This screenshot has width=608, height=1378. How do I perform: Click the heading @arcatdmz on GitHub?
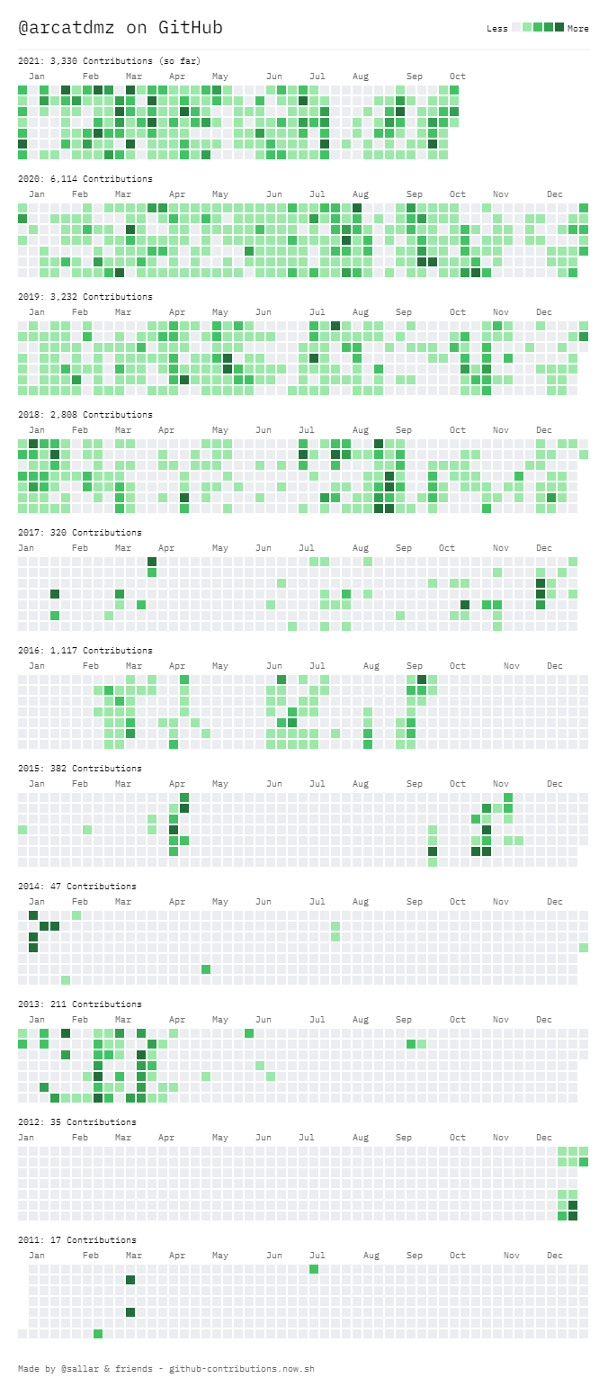point(121,28)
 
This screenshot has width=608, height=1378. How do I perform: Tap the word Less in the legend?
point(496,29)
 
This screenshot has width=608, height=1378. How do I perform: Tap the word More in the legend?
point(578,29)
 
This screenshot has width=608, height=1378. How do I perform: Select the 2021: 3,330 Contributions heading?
point(109,61)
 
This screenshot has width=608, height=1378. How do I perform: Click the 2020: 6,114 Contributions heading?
point(85,179)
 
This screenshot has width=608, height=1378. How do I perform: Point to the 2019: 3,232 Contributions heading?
point(85,297)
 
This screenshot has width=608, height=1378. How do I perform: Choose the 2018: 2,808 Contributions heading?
point(85,415)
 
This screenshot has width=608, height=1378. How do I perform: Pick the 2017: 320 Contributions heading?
point(80,533)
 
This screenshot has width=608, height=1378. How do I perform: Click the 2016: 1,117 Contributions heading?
point(85,651)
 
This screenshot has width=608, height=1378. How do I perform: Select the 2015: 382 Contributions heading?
point(80,769)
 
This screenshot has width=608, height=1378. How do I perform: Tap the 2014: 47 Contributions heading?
point(77,887)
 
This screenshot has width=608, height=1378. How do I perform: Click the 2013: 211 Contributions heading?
point(80,1004)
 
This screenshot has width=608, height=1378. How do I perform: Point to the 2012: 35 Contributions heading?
point(77,1122)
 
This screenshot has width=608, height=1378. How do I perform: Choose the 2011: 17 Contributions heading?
point(77,1240)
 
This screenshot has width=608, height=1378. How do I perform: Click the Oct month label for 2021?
point(458,77)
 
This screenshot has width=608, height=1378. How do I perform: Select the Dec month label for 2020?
point(555,194)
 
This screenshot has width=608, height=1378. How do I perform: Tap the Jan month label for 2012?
point(26,1138)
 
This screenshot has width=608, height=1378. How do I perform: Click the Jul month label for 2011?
point(317,1256)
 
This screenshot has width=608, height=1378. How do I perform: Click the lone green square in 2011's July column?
point(314,1269)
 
